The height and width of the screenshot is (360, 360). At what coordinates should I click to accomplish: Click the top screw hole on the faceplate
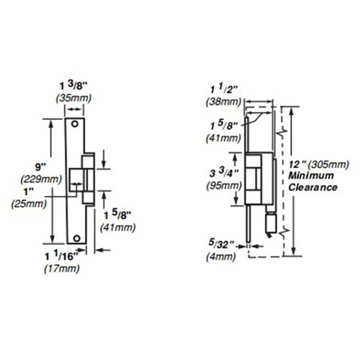tap(75, 124)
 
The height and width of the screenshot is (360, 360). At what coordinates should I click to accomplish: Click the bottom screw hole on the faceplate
tap(76, 238)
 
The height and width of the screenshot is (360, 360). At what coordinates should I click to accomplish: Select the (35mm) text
tap(74, 98)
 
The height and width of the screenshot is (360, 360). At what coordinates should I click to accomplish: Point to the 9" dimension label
tap(40, 167)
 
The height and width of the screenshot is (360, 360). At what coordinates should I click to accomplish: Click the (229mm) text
tap(41, 179)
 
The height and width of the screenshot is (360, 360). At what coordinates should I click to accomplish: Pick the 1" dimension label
tap(28, 192)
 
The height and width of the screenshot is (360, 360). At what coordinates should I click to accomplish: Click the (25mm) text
tap(29, 204)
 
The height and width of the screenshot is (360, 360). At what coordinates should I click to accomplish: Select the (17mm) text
tap(62, 269)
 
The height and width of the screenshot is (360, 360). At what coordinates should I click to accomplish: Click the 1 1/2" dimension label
tap(224, 89)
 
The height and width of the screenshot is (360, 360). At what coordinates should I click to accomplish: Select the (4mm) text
tap(221, 257)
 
